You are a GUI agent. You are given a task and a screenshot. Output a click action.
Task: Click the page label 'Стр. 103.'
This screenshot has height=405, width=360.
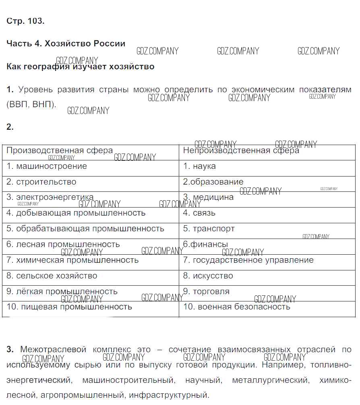coord(25,21)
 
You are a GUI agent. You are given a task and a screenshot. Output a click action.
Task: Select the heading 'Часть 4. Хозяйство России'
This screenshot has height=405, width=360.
coord(66,44)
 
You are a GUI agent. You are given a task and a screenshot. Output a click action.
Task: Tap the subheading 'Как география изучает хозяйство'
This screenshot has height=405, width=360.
coord(81,66)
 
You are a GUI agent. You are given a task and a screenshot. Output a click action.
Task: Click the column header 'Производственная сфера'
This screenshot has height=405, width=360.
coord(60,151)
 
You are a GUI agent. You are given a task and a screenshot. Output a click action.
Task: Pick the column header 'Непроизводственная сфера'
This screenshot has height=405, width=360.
coord(241,151)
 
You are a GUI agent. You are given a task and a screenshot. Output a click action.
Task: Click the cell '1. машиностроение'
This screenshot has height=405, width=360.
coord(47,166)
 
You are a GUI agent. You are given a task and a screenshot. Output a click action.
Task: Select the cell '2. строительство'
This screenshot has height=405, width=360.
coord(41,182)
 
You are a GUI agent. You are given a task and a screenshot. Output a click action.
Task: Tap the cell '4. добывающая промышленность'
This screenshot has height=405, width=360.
coord(76,213)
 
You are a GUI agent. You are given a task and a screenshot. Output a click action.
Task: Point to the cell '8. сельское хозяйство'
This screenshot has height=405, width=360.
coord(52,276)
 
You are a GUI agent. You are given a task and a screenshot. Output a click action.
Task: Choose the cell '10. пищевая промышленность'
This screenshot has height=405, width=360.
coord(69,307)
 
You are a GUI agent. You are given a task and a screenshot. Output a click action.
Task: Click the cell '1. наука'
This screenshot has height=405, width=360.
coord(199,166)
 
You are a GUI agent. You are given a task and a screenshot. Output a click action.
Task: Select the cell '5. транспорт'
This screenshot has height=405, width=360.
coord(209,228)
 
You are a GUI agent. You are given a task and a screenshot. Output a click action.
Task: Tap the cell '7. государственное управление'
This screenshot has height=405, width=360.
coord(248,260)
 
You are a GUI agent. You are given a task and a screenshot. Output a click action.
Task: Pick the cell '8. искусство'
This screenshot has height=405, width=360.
coord(208,276)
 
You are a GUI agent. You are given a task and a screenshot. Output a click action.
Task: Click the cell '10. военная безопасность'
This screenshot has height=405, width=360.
coord(236,307)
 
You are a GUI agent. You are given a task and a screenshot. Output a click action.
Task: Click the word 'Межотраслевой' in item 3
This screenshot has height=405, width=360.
coord(53,350)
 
